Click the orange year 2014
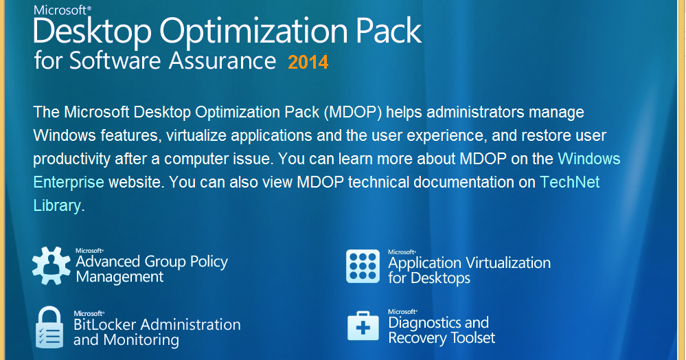point(308,63)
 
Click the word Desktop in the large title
point(92,32)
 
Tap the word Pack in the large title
point(389,31)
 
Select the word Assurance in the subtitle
point(222,60)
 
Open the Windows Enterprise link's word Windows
point(589,159)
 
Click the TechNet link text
point(570,182)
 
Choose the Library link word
point(57,205)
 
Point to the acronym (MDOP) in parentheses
point(353,112)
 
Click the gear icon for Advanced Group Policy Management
point(52,265)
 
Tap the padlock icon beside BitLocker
point(49,327)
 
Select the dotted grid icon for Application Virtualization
point(363,267)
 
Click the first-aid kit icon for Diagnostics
point(363,326)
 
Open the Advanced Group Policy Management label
point(152,269)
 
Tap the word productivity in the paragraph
point(71,159)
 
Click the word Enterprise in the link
point(69,182)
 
